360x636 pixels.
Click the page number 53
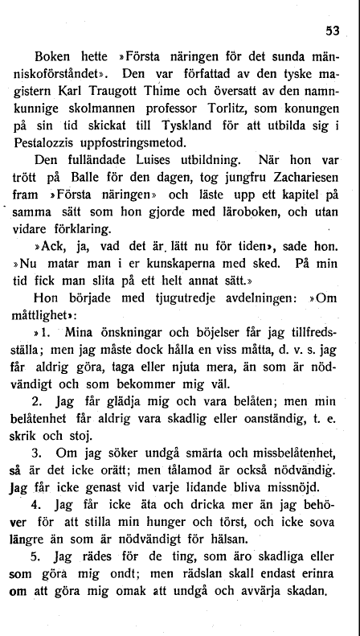(332, 31)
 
